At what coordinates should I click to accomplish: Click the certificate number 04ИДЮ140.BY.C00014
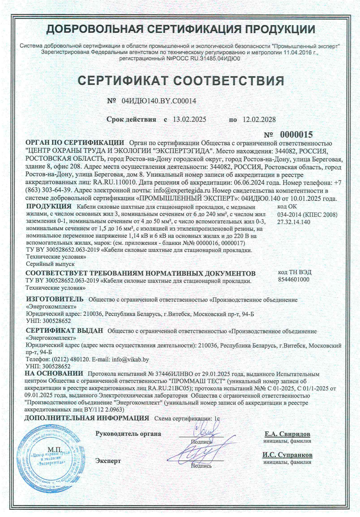(159, 101)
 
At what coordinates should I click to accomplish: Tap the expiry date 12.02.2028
(259, 119)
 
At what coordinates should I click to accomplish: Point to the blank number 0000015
(296, 135)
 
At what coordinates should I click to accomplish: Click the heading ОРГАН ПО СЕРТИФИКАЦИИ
(75, 143)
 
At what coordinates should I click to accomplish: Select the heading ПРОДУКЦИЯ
(49, 206)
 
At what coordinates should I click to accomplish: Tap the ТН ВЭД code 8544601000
(294, 279)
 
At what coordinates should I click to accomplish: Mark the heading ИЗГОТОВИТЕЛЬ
(55, 299)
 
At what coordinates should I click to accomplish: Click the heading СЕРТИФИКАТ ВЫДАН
(64, 331)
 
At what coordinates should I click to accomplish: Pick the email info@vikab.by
(130, 359)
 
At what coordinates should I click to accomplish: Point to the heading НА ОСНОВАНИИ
(54, 374)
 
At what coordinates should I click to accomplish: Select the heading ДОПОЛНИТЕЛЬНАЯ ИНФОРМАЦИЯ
(87, 418)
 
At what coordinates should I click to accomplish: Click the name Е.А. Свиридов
(287, 434)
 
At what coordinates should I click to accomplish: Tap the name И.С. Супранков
(287, 455)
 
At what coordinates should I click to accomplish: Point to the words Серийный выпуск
(50, 264)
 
